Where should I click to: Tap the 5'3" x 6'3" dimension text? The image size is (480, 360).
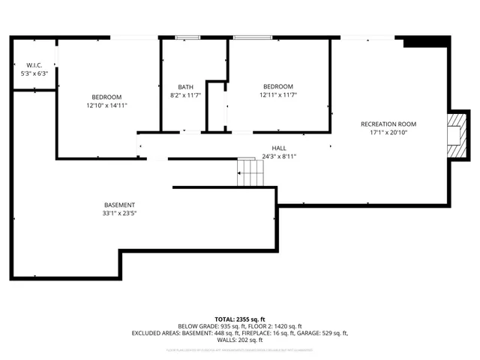pos(34,74)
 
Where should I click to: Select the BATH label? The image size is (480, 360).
pos(185,87)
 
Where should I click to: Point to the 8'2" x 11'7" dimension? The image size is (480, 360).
pos(186,96)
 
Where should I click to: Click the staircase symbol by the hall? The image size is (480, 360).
pos(250,173)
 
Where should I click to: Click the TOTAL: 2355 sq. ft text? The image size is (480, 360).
pos(240,319)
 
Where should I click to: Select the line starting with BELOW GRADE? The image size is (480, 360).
pos(240,326)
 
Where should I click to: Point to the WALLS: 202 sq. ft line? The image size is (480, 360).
pos(240,340)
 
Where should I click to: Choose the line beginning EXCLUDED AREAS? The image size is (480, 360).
pos(240,333)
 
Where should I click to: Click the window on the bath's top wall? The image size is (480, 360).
pos(187,37)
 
